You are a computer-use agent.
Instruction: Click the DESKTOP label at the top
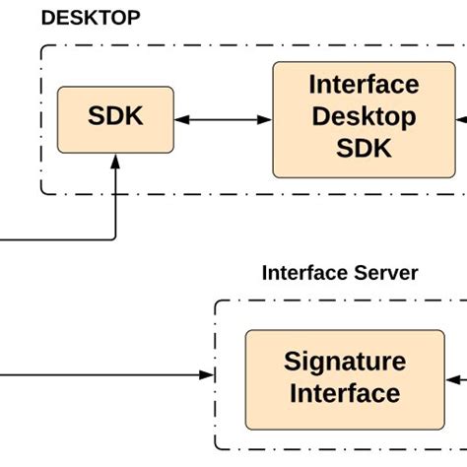pos(90,18)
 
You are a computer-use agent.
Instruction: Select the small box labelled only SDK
pos(115,119)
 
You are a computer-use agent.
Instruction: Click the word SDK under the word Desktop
pos(364,148)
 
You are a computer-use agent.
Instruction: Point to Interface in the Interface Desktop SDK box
pos(364,84)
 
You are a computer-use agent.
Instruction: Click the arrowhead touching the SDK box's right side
pos(181,120)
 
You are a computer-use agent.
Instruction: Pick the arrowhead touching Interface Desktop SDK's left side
pos(265,120)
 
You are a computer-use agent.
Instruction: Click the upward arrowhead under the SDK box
pos(115,161)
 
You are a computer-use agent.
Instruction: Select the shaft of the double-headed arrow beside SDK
pos(223,120)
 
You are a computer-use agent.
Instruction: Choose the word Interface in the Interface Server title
pos(299,273)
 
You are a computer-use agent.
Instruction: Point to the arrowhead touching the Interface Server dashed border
pos(208,375)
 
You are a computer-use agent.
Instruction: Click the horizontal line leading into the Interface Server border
pos(99,375)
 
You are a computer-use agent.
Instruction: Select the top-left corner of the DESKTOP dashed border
pos(43,46)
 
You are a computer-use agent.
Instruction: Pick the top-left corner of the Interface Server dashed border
pos(217,302)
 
